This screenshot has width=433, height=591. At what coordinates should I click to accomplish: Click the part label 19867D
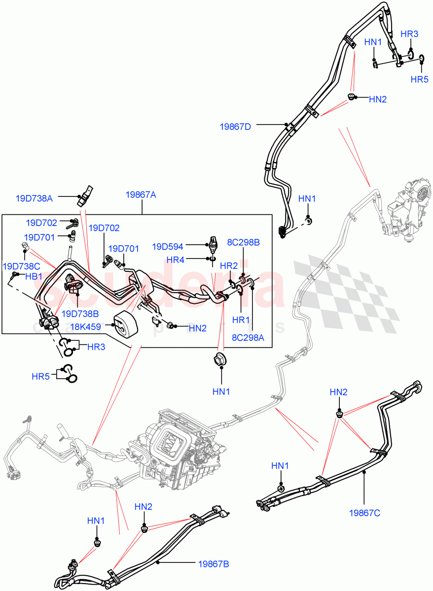click(x=235, y=127)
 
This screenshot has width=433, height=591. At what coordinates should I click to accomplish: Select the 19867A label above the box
click(x=141, y=195)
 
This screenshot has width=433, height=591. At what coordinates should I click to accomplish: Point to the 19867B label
click(x=214, y=563)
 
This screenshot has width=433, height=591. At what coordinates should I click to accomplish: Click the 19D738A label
click(x=34, y=198)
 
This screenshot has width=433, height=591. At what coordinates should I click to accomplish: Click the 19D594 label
click(x=168, y=246)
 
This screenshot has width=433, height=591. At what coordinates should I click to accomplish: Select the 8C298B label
click(x=244, y=242)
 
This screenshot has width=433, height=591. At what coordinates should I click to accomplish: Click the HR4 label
click(x=176, y=259)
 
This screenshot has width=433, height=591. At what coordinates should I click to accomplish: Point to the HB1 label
click(x=34, y=276)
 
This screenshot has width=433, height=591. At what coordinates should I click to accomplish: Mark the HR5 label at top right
click(x=419, y=79)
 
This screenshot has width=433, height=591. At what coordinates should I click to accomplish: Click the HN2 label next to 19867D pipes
click(x=378, y=99)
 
